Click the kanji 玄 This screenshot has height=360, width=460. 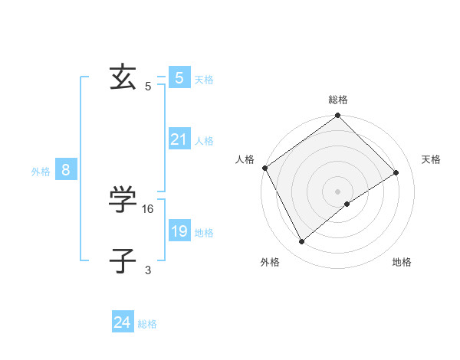[123, 77]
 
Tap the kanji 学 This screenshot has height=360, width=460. [123, 201]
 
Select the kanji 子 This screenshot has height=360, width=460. [123, 260]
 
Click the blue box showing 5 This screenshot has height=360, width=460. [179, 77]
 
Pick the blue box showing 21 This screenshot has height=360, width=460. [179, 139]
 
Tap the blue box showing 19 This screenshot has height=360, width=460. [179, 231]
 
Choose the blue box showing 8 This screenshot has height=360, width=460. [66, 170]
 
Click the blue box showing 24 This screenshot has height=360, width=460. [122, 322]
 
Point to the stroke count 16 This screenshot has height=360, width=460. [149, 208]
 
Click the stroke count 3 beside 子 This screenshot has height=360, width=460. [148, 270]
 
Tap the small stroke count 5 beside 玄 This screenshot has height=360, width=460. [148, 87]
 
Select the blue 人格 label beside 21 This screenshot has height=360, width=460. [205, 141]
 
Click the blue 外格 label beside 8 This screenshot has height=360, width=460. [41, 172]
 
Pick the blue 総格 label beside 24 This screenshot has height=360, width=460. [147, 324]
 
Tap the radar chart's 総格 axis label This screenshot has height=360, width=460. [338, 100]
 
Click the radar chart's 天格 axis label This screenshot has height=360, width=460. [431, 159]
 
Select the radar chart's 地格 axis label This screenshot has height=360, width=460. [402, 262]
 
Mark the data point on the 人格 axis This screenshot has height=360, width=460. [264, 168]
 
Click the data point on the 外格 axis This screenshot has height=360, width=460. [301, 242]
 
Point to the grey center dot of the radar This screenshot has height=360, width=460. [338, 191]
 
